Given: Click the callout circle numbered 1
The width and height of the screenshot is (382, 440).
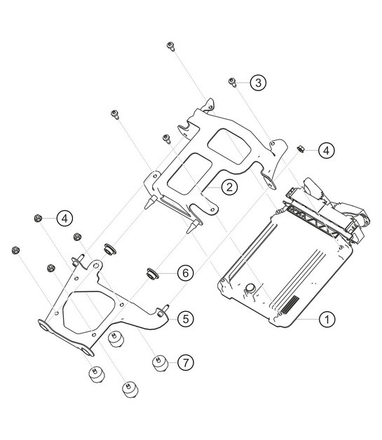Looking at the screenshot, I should (326, 319).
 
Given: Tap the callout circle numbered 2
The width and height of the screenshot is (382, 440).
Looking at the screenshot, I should (228, 187).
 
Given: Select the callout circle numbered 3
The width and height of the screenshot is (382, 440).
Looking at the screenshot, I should (259, 83).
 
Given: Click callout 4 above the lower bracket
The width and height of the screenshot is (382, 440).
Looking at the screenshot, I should (64, 218).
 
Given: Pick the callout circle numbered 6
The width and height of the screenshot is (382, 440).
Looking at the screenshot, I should (184, 272).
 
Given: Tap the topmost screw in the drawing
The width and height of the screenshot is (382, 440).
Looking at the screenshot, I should (170, 46).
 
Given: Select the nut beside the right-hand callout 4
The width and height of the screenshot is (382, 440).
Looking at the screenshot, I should (301, 148).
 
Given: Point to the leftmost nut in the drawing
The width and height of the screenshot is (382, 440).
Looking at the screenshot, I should (15, 249).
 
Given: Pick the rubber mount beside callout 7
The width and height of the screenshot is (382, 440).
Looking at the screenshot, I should (160, 363).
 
